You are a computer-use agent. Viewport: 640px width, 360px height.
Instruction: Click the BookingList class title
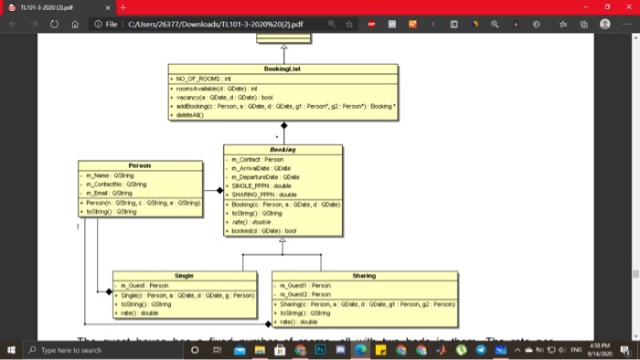point(282,69)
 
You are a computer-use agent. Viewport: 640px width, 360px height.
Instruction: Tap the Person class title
point(140,165)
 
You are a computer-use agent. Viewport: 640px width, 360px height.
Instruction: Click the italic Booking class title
point(283,149)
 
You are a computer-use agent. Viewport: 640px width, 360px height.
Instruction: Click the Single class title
point(184,274)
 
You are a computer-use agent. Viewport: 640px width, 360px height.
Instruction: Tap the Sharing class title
point(364,274)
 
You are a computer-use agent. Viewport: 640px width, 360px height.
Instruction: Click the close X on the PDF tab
point(107,8)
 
